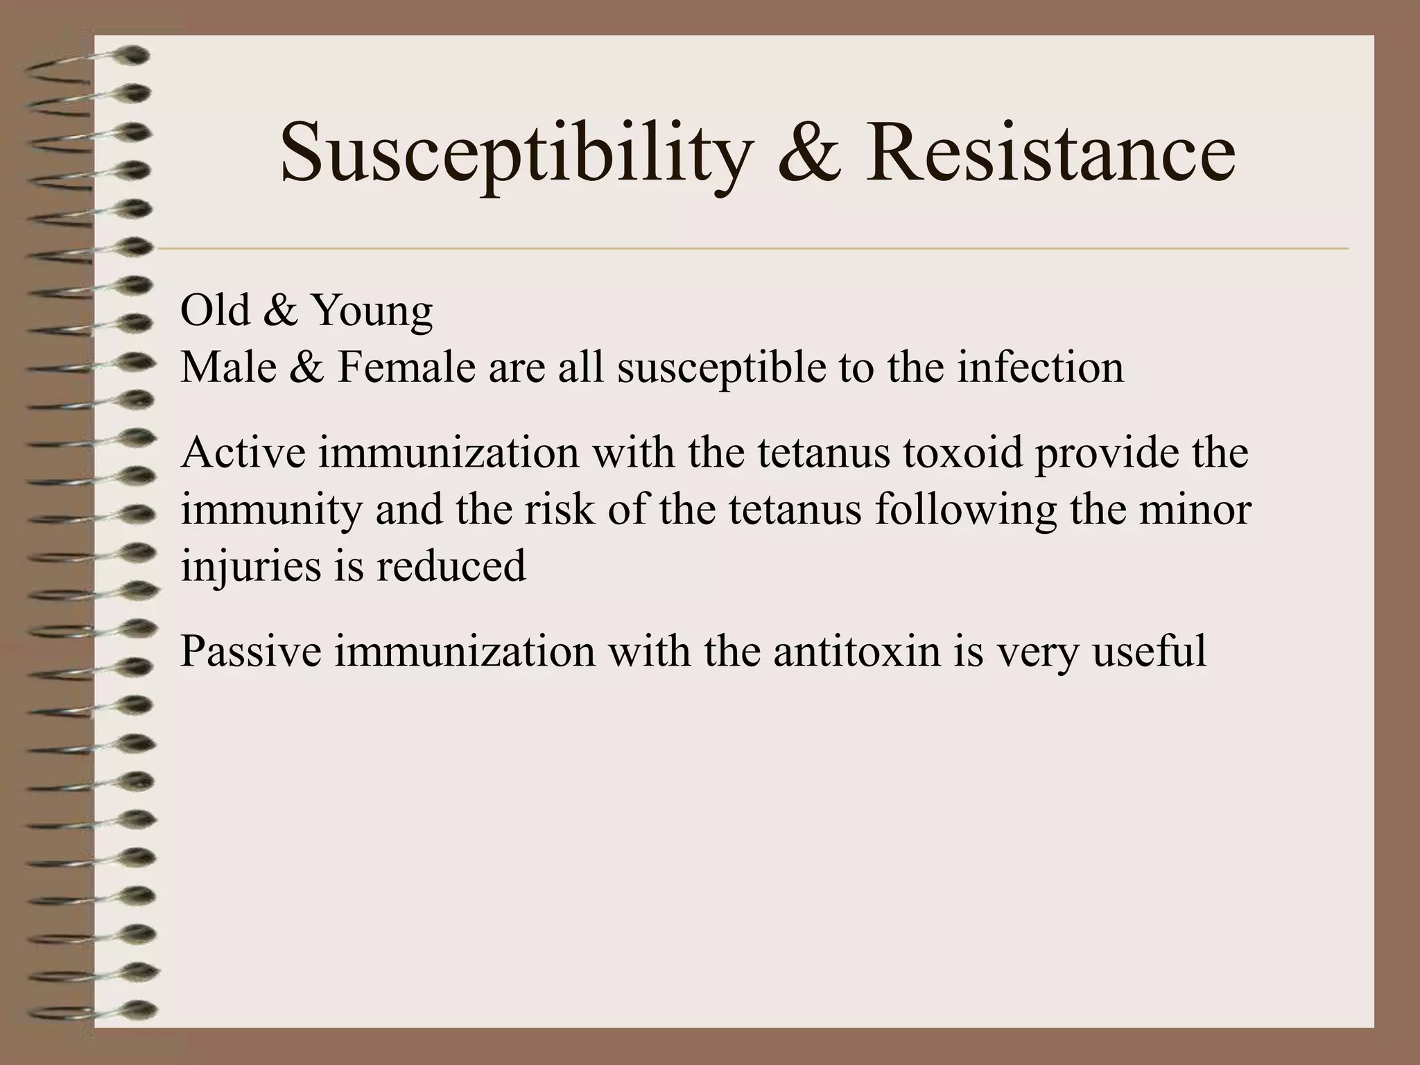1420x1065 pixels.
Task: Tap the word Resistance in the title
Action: [x=1050, y=153]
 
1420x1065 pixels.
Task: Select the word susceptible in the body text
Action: [x=722, y=369]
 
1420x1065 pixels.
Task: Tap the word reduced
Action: [x=451, y=566]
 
